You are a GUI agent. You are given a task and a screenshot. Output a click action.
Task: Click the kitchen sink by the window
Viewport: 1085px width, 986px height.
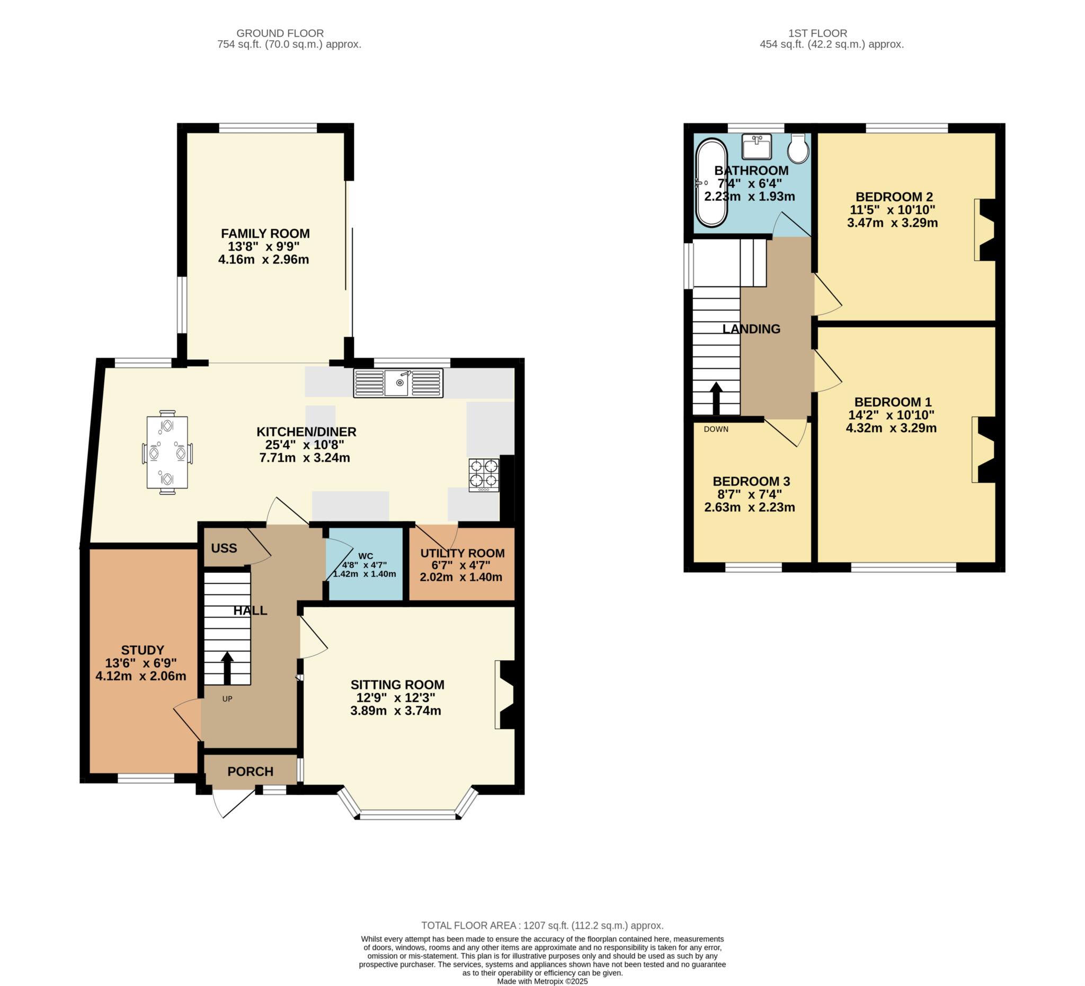pyautogui.click(x=398, y=383)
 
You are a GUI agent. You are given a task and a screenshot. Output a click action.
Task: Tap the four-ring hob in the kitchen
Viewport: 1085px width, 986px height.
pyautogui.click(x=483, y=474)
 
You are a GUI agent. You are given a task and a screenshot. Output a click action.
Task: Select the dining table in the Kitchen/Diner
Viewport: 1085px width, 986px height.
pyautogui.click(x=167, y=452)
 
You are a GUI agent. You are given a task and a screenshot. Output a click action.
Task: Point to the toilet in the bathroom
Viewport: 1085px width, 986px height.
pyautogui.click(x=798, y=148)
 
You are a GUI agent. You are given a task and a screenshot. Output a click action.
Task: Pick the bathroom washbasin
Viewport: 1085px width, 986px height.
pyautogui.click(x=756, y=146)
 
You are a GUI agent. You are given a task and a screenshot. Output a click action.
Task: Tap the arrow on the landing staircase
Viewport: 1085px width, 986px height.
pyautogui.click(x=716, y=398)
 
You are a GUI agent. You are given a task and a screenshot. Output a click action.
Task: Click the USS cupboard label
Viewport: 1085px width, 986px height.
pyautogui.click(x=224, y=548)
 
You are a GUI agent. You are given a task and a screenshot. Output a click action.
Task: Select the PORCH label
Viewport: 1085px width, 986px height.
pyautogui.click(x=250, y=771)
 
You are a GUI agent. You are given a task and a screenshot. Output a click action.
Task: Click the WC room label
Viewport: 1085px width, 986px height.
pyautogui.click(x=366, y=555)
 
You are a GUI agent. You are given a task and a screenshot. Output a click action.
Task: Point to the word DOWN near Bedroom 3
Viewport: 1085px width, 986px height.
pyautogui.click(x=716, y=429)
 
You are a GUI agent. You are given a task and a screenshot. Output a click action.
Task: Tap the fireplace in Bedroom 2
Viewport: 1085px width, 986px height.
pyautogui.click(x=986, y=230)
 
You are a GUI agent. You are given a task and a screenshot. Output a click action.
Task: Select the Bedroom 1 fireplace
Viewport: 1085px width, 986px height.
pyautogui.click(x=984, y=449)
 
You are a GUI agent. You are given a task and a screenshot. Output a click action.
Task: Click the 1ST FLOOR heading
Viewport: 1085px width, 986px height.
pyautogui.click(x=817, y=33)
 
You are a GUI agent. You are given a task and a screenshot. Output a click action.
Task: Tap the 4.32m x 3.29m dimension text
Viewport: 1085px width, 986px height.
pyautogui.click(x=891, y=428)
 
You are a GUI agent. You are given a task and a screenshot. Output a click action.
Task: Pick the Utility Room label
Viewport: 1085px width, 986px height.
pyautogui.click(x=463, y=553)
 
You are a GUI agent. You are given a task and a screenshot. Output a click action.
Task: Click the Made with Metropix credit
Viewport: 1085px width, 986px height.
pyautogui.click(x=542, y=981)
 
